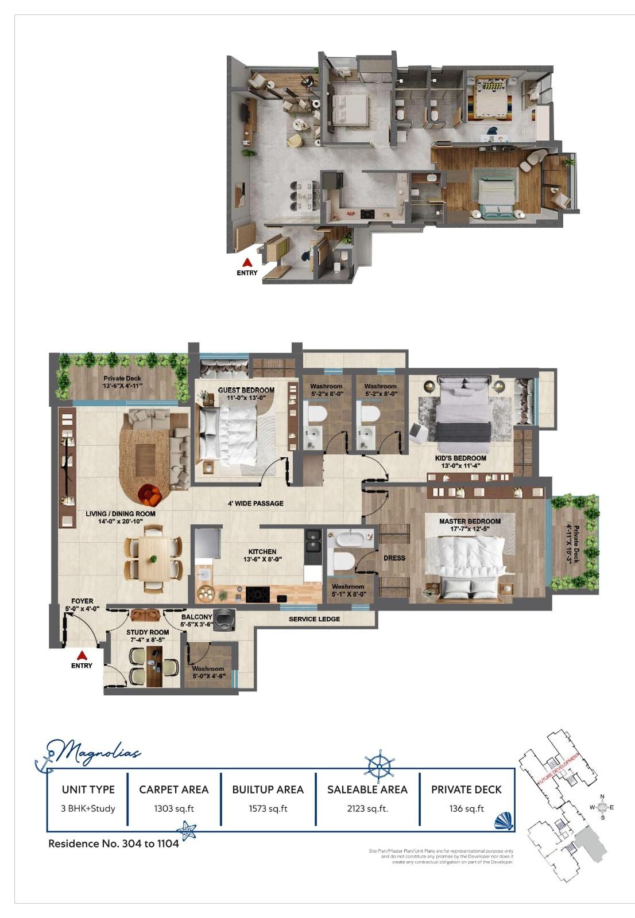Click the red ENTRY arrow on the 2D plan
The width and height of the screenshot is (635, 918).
point(82,655)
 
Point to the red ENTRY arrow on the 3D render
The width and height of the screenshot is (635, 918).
point(247,262)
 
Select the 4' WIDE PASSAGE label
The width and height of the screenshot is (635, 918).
point(255,503)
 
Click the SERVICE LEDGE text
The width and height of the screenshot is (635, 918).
point(314,619)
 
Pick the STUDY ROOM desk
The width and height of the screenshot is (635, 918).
point(154,666)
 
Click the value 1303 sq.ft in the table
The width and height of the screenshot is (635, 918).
point(173,809)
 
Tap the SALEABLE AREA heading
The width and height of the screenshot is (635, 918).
point(367,789)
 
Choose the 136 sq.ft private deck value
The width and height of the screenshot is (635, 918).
point(466,809)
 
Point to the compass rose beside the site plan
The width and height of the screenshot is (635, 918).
point(602,807)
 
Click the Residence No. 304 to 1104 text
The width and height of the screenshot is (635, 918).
point(114,843)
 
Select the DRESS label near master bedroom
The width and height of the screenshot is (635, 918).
point(394,558)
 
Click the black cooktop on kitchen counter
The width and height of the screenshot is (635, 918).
point(257,595)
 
